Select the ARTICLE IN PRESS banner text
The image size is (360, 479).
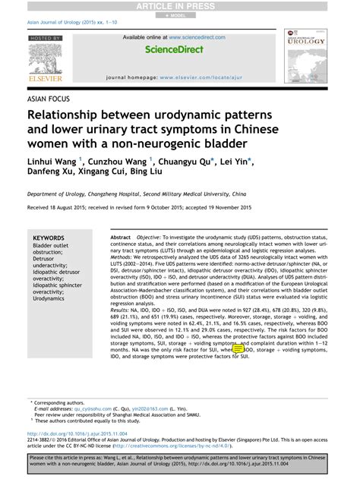pos(179,5)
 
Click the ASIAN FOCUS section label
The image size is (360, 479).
pos(47,99)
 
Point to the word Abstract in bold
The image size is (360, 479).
pos(122,238)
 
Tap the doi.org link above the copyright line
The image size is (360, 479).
pos(76,434)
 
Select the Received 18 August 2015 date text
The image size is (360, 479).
pos(61,207)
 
